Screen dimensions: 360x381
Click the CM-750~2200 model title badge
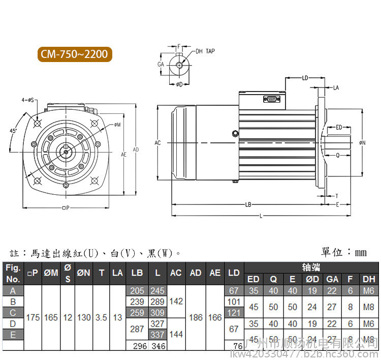click(x=74, y=54)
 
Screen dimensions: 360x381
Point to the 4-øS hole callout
click(x=27, y=100)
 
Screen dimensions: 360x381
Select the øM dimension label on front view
click(x=117, y=124)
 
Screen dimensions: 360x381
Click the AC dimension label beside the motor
click(x=157, y=143)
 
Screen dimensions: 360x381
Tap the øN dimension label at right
click(x=362, y=143)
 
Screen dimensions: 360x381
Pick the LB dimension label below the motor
click(x=248, y=205)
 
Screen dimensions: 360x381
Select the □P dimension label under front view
click(x=65, y=207)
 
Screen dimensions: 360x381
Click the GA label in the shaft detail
click(x=161, y=65)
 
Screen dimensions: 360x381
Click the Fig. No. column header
click(x=13, y=273)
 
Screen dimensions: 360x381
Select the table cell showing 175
click(x=33, y=317)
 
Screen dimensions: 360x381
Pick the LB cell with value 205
click(x=137, y=291)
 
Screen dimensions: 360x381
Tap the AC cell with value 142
click(x=175, y=302)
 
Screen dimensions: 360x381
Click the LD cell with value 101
click(x=234, y=302)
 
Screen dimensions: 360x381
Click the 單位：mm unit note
click(x=344, y=252)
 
